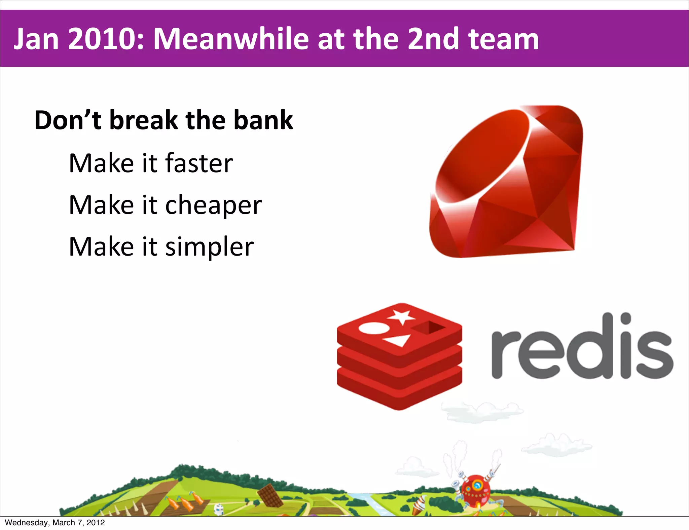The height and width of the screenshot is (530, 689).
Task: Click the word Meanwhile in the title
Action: tap(231, 39)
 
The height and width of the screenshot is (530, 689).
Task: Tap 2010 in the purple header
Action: tap(106, 39)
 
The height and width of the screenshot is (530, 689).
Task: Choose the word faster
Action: tap(199, 163)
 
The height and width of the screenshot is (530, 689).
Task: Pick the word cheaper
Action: tap(213, 205)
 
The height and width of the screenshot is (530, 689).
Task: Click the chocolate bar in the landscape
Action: tap(270, 495)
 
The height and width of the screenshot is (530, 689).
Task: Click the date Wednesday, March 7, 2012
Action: tap(55, 523)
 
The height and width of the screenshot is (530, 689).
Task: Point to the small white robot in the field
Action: tap(219, 509)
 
